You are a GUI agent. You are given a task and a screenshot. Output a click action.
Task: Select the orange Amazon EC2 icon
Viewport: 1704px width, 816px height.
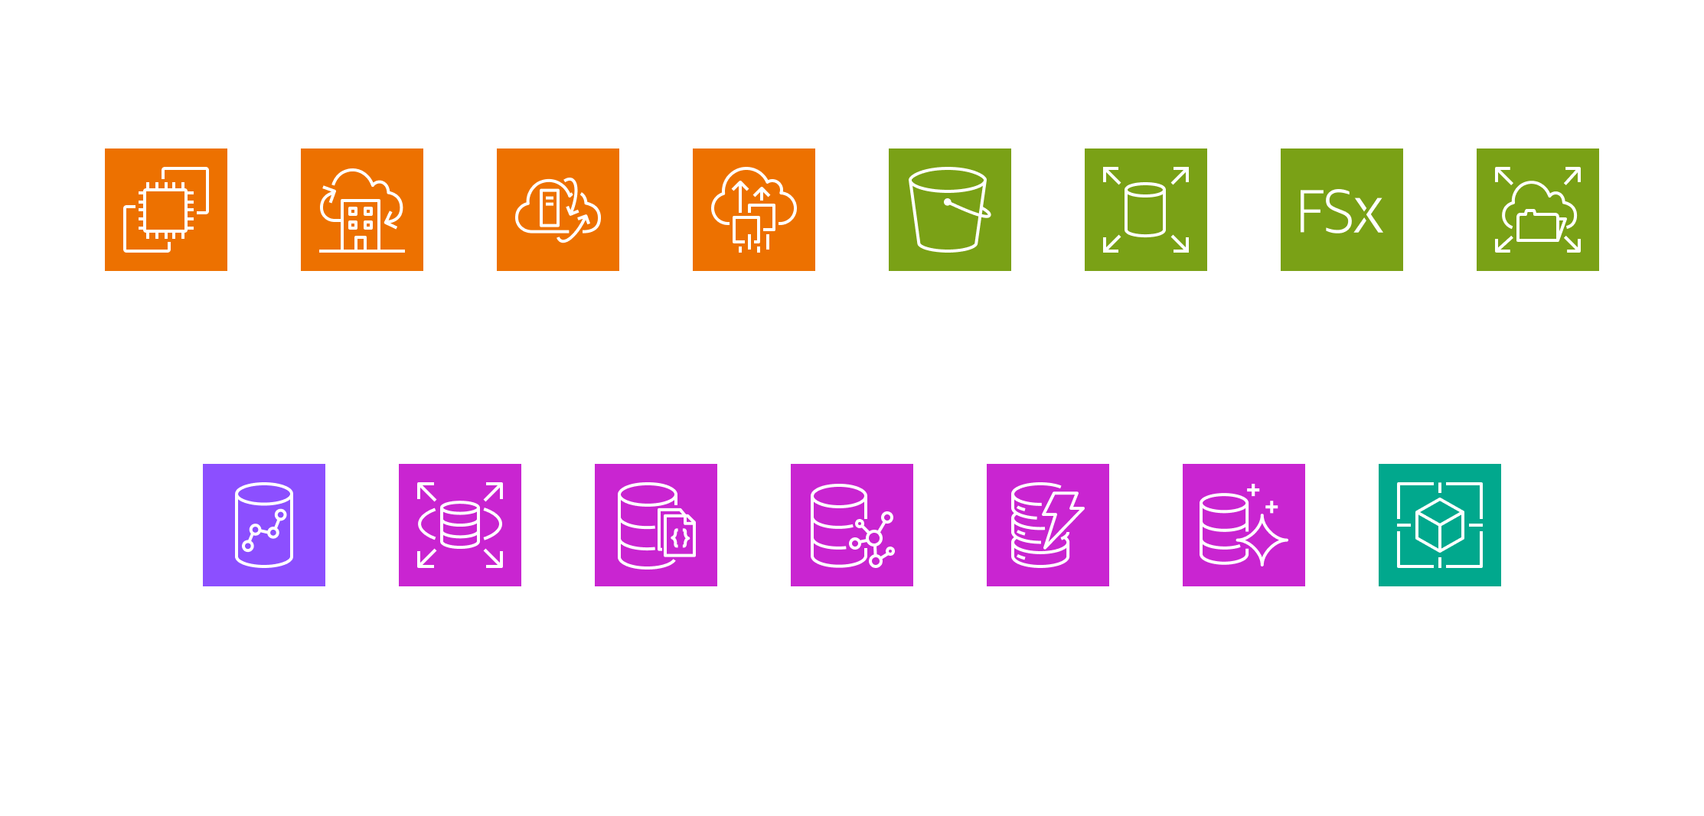coord(166,210)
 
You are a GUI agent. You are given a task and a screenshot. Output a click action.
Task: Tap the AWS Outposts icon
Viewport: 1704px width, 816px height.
coord(362,210)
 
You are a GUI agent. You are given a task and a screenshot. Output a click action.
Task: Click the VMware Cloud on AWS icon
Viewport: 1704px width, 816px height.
coord(558,210)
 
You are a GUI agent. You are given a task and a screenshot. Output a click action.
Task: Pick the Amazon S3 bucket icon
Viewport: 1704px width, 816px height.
coord(950,210)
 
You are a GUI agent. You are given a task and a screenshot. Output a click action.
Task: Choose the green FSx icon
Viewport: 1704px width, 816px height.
coord(1342,210)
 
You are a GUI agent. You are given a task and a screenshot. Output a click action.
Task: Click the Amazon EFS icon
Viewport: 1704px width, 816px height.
coord(1538,210)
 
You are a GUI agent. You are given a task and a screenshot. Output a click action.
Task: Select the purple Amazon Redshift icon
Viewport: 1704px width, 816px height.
coord(264,525)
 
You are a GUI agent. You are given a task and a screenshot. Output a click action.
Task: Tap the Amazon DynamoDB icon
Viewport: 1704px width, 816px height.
coord(1048,525)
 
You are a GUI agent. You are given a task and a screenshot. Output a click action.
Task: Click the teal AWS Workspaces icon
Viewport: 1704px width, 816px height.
coord(1440,525)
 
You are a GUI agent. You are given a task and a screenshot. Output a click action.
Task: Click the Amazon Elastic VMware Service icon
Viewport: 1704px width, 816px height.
coord(754,210)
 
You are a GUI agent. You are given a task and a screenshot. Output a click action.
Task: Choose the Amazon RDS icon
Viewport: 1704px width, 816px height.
coord(460,525)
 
